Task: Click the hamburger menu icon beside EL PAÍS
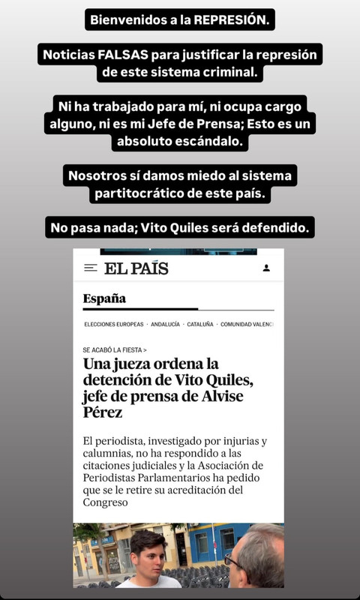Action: click(x=91, y=268)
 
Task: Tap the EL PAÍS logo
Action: click(x=136, y=268)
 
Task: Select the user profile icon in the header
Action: click(x=266, y=268)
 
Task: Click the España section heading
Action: click(x=104, y=298)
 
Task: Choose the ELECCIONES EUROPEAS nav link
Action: click(x=113, y=325)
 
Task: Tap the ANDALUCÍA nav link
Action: click(x=165, y=325)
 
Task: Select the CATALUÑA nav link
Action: click(x=200, y=325)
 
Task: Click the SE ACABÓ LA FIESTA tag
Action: click(x=114, y=349)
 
